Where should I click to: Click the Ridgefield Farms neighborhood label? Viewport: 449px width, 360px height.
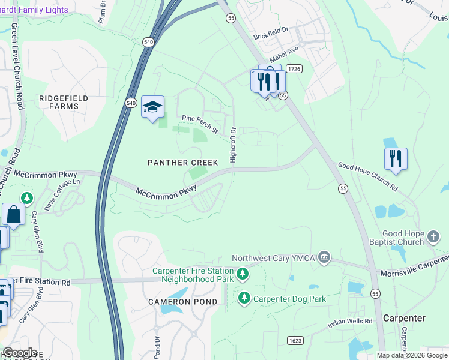[x=64, y=102]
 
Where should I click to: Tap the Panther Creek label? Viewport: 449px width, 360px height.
[x=183, y=163]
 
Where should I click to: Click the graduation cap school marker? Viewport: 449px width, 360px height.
[x=152, y=107]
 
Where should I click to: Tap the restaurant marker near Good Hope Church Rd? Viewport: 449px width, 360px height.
[x=396, y=159]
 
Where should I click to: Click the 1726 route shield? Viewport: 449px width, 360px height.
[x=294, y=70]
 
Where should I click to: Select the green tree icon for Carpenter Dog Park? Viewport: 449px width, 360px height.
[x=244, y=298]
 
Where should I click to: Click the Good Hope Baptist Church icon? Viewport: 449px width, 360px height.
[x=433, y=238]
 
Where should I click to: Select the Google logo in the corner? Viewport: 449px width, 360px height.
[x=20, y=353]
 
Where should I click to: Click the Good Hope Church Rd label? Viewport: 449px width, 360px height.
[x=367, y=177]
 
